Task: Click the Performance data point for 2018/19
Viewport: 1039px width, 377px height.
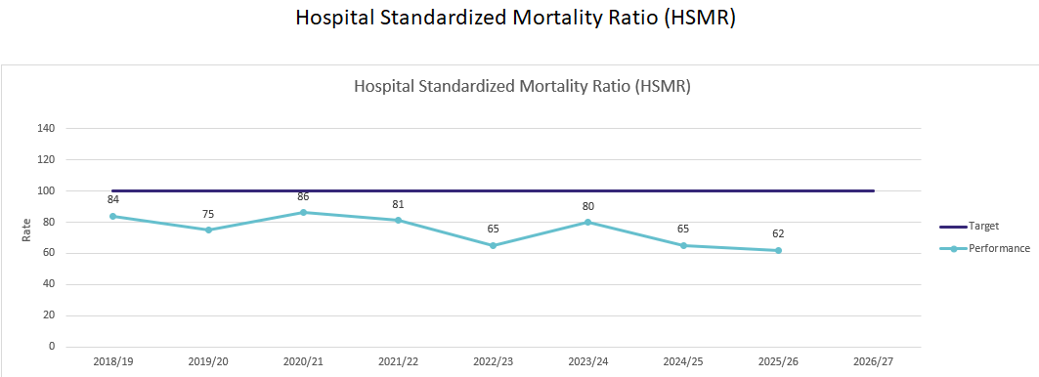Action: click(113, 216)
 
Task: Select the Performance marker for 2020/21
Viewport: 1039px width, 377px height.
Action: click(303, 212)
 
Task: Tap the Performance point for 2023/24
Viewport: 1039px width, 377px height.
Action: click(587, 222)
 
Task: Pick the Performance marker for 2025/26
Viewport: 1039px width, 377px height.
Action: click(778, 250)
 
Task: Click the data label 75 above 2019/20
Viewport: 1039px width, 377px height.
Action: click(208, 214)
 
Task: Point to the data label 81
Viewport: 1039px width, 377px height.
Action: click(398, 204)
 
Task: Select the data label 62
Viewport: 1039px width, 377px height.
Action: click(778, 233)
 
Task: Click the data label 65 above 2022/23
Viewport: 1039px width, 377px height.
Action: click(493, 230)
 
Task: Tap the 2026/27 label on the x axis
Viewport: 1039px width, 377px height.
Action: click(874, 362)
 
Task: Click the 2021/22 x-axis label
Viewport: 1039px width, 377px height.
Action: click(398, 362)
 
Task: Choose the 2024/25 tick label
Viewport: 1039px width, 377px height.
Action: click(683, 362)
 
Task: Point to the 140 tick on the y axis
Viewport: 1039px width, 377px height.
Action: click(47, 129)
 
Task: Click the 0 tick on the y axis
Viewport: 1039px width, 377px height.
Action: click(52, 347)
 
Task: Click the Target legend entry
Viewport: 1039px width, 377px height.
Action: click(970, 226)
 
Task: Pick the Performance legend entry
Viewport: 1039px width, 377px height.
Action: click(984, 248)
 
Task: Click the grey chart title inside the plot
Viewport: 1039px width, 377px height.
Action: click(522, 87)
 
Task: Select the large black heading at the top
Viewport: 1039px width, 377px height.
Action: click(515, 18)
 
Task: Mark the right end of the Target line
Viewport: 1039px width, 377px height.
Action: click(874, 190)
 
